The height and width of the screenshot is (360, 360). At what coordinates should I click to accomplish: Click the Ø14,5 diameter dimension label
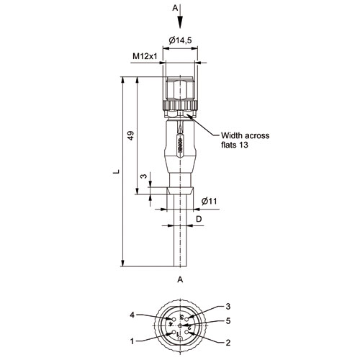coord(180,40)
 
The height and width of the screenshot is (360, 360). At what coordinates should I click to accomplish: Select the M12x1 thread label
coord(145,56)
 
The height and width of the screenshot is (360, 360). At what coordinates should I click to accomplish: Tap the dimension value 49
coord(130,135)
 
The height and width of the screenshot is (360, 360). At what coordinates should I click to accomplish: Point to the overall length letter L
coord(117,171)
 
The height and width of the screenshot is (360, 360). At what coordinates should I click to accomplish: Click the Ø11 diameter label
coord(209,201)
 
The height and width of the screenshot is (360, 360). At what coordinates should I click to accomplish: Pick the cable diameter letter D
coord(199,219)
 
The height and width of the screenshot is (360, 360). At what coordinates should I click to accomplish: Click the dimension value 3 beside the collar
coord(143,176)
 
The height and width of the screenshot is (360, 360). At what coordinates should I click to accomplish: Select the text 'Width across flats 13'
coord(245,140)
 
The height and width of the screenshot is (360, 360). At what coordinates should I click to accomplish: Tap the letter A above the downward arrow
coord(176,8)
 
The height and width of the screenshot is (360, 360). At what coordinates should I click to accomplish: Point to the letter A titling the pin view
coord(180,279)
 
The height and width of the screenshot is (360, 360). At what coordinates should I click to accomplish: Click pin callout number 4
coord(132,315)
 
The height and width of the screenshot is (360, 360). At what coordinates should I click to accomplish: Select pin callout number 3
coord(228,306)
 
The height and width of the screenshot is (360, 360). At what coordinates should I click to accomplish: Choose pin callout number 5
coord(228,320)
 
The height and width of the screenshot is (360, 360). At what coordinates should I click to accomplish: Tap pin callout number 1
coord(132,341)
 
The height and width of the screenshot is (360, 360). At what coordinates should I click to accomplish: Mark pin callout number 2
coord(228,343)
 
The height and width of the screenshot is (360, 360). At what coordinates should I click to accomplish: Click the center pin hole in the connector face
coord(180,325)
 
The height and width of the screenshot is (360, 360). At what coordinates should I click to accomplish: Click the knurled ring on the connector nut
coord(180,105)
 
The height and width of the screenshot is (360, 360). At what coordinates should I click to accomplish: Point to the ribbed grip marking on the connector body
coord(180,145)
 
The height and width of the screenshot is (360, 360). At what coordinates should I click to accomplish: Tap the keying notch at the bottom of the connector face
coord(180,338)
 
